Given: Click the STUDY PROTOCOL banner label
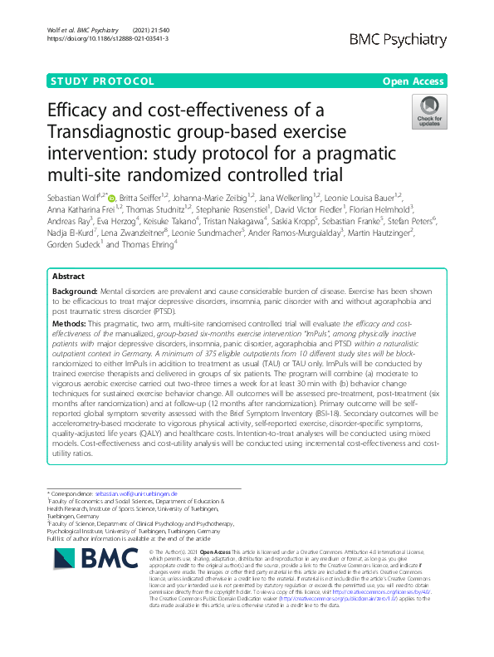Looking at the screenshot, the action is click(x=103, y=81).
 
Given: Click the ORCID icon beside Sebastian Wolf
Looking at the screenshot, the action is click(x=113, y=196).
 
